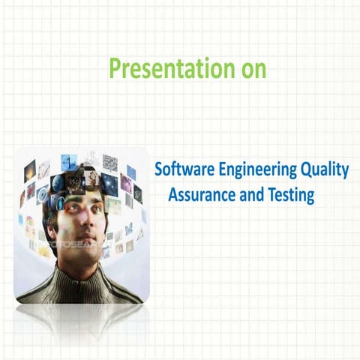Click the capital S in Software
coord(158,169)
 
